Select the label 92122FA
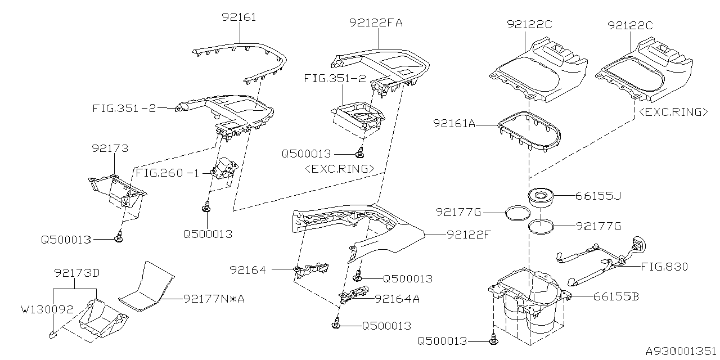376,23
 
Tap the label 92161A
454,122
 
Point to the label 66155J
598,196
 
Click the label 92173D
77,273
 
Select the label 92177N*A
214,299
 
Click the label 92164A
397,299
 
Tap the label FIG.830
664,267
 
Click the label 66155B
616,296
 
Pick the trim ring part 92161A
529,131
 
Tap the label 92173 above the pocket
110,148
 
